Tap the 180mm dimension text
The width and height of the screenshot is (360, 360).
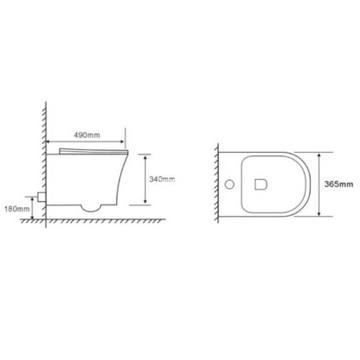(18, 209)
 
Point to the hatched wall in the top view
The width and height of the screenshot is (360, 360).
(217, 185)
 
